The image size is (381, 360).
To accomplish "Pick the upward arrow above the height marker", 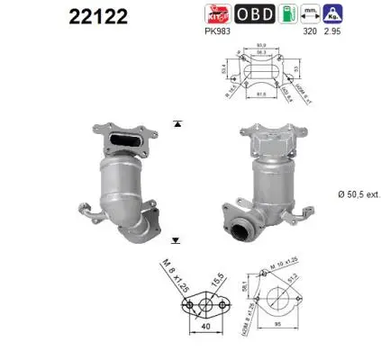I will [177, 122].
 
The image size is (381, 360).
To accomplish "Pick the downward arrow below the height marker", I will [177, 240].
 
